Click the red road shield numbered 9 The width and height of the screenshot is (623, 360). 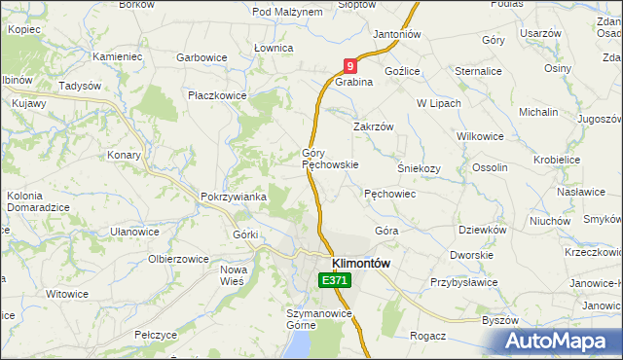(350, 66)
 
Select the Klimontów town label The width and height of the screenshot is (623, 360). (361, 264)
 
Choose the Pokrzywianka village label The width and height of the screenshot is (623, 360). (234, 197)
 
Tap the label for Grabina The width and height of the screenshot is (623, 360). (354, 83)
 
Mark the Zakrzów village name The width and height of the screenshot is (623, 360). (373, 126)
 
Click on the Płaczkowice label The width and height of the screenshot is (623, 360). (218, 95)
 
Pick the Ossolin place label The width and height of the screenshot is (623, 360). (490, 167)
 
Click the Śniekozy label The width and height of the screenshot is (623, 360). (420, 167)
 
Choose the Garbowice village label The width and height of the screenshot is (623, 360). (202, 57)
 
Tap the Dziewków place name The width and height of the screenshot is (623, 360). (483, 231)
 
